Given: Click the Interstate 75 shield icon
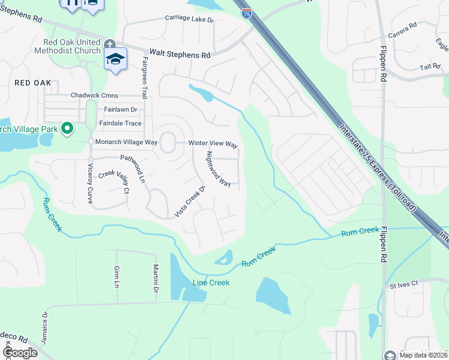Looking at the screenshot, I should click(247, 13).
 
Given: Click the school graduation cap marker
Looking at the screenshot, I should click(115, 59).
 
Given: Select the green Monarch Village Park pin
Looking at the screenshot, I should click(68, 128).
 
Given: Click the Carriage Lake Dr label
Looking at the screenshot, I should click(189, 20).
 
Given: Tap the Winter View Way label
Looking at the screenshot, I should click(213, 145).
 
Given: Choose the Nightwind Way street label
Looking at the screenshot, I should click(218, 169).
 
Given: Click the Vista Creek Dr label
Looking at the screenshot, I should click(190, 201).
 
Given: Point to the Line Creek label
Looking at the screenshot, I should click(211, 283).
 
